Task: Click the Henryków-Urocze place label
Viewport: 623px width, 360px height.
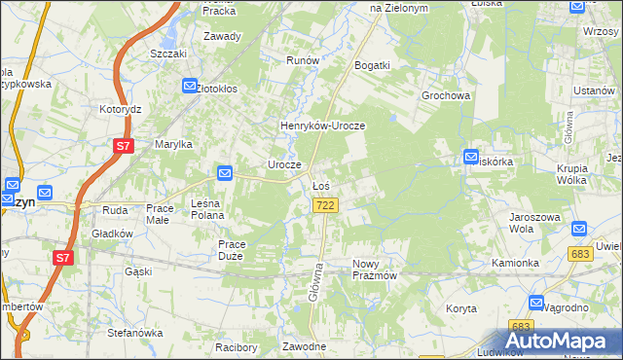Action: (321, 126)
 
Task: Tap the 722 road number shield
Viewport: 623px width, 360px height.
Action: (326, 205)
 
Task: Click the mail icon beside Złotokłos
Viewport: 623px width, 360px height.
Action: (190, 88)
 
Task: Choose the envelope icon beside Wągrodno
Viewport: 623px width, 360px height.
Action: (535, 304)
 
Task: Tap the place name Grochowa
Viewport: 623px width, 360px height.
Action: (446, 96)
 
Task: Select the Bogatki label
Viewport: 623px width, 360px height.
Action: (373, 65)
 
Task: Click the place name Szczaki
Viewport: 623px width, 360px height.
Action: (168, 54)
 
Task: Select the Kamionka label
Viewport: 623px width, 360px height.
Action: (515, 264)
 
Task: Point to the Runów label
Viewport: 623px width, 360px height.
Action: (303, 60)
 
